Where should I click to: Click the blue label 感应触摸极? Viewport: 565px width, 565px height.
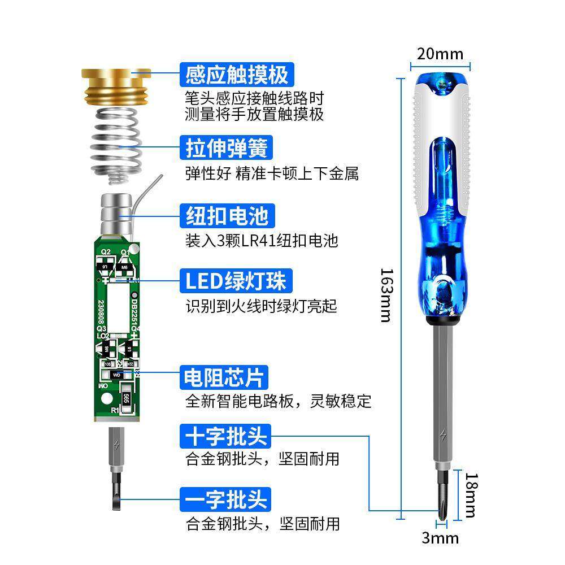click(237, 75)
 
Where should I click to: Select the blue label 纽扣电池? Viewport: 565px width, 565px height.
click(227, 216)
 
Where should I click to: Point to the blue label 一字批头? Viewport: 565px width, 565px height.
click(226, 499)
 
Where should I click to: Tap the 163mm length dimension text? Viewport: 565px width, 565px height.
click(385, 294)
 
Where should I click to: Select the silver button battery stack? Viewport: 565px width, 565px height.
click(116, 215)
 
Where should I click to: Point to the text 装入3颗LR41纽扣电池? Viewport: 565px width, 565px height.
click(262, 241)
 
